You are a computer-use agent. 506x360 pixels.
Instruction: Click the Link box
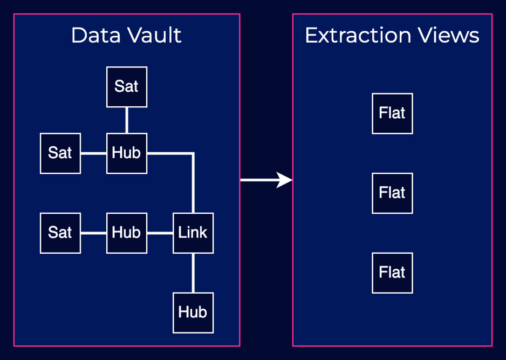(193, 233)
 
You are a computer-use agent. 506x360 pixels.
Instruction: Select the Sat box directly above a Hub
(127, 87)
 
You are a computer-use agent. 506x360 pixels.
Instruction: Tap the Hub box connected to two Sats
(127, 153)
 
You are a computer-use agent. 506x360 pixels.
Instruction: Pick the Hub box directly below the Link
(193, 313)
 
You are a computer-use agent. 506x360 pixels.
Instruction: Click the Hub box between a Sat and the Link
(127, 233)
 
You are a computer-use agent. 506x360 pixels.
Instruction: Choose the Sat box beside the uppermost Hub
(60, 153)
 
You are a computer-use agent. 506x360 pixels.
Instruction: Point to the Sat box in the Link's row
(60, 233)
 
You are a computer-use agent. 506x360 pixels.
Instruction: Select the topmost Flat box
(392, 113)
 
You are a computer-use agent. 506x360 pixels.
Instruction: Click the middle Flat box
(392, 193)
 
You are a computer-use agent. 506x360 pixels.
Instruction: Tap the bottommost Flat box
(392, 273)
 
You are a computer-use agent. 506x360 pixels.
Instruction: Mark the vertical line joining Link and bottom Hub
(193, 273)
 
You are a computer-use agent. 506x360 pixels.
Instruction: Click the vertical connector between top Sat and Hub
(127, 120)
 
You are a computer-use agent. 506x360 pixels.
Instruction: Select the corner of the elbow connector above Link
(193, 154)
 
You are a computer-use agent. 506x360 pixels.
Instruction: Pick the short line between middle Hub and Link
(160, 233)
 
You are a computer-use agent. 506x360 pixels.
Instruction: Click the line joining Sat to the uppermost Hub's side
(93, 153)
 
